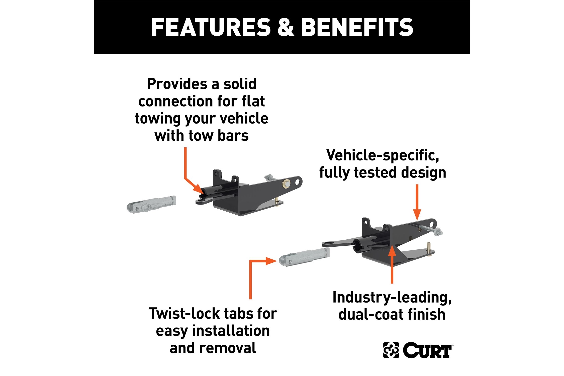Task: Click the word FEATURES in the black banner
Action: (211, 27)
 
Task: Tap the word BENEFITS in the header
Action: (357, 27)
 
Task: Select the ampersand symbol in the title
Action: (286, 27)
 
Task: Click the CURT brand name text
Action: (428, 350)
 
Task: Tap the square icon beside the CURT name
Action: (391, 350)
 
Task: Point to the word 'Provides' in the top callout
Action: (179, 84)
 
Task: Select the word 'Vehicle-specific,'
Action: (383, 155)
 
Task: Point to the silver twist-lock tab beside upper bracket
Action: (151, 205)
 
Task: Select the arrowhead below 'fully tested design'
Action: (417, 215)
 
